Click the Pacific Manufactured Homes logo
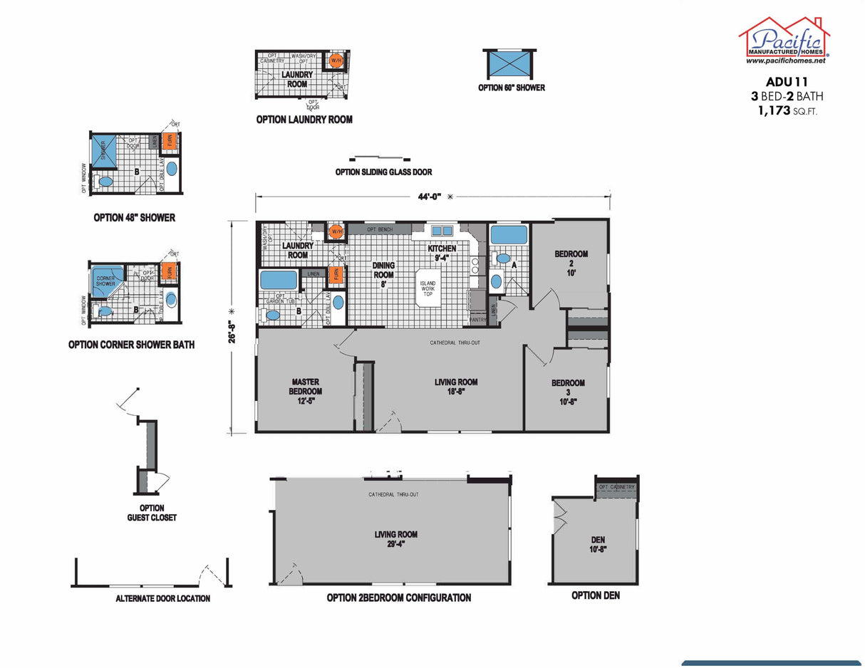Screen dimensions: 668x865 (x=784, y=41)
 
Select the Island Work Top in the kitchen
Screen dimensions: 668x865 (x=428, y=288)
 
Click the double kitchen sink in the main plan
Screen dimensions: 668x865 (x=442, y=230)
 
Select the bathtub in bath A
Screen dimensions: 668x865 (x=508, y=235)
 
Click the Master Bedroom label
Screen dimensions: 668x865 (x=305, y=391)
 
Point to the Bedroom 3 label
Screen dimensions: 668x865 (x=568, y=392)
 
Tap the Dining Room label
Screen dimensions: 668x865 (x=383, y=274)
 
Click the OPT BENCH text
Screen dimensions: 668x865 (x=380, y=229)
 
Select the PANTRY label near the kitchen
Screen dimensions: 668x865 (x=477, y=320)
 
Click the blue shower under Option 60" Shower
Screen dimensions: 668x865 (x=509, y=64)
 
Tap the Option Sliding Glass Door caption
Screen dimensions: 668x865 (x=383, y=172)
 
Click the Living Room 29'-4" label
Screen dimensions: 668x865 (x=396, y=538)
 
